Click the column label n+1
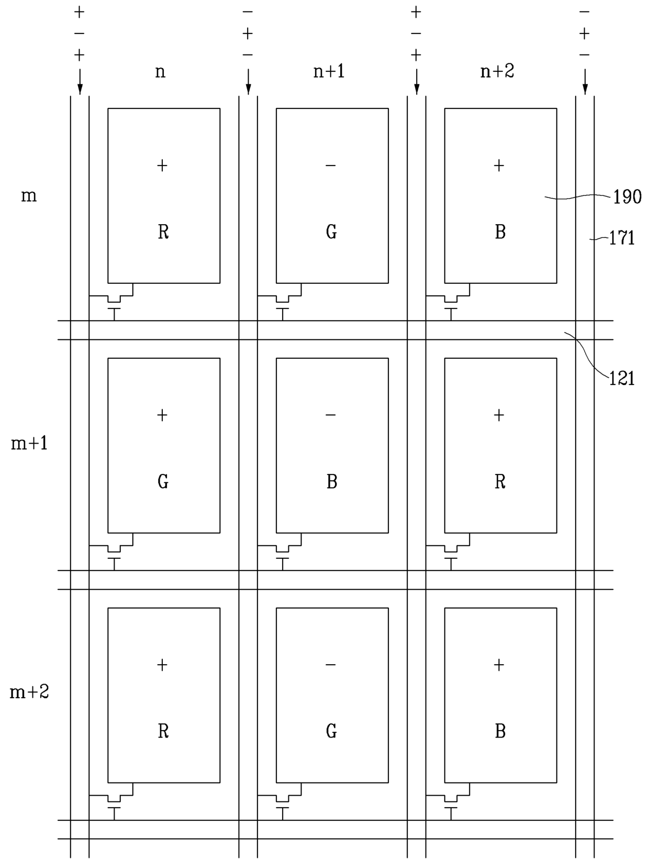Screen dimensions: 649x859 [329, 71]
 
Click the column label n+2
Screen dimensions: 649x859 [497, 71]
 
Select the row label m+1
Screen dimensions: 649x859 [29, 444]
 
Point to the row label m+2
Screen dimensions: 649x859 [29, 692]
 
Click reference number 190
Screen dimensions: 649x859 [627, 197]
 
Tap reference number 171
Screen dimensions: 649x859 [622, 238]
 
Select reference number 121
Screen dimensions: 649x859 [622, 378]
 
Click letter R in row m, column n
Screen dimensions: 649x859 [163, 232]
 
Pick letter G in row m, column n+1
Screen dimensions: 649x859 [331, 232]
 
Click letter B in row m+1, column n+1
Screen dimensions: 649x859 [332, 481]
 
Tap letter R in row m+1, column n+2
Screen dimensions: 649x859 [500, 481]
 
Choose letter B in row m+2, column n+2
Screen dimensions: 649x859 [500, 731]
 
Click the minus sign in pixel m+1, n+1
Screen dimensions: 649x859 [331, 415]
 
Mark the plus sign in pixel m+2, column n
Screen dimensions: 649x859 [162, 665]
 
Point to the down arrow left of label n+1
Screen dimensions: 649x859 [248, 82]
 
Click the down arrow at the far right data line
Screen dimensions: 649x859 [585, 82]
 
